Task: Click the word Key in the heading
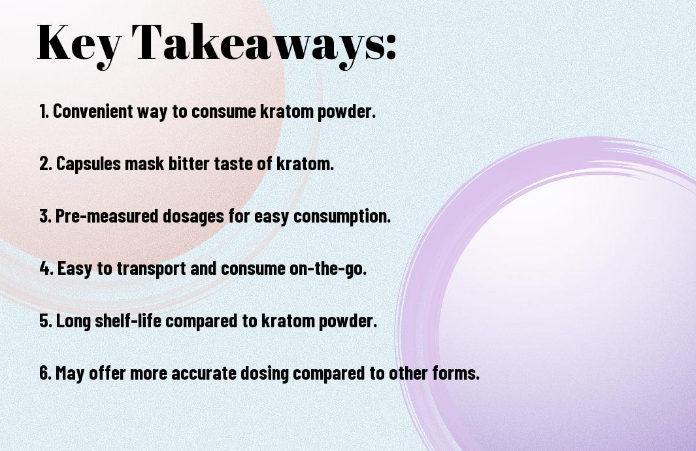tap(78, 44)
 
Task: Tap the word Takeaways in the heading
tap(259, 44)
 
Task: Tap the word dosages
tap(193, 217)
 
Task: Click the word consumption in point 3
tap(342, 217)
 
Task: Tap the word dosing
tap(265, 373)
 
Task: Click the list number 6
tap(46, 372)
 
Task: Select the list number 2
tap(46, 164)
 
